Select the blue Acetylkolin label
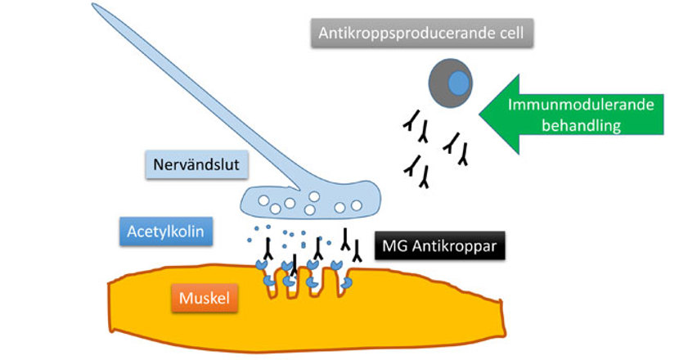167,232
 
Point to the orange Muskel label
205,298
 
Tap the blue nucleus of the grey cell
459,83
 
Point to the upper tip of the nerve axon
97,7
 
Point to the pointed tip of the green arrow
480,115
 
